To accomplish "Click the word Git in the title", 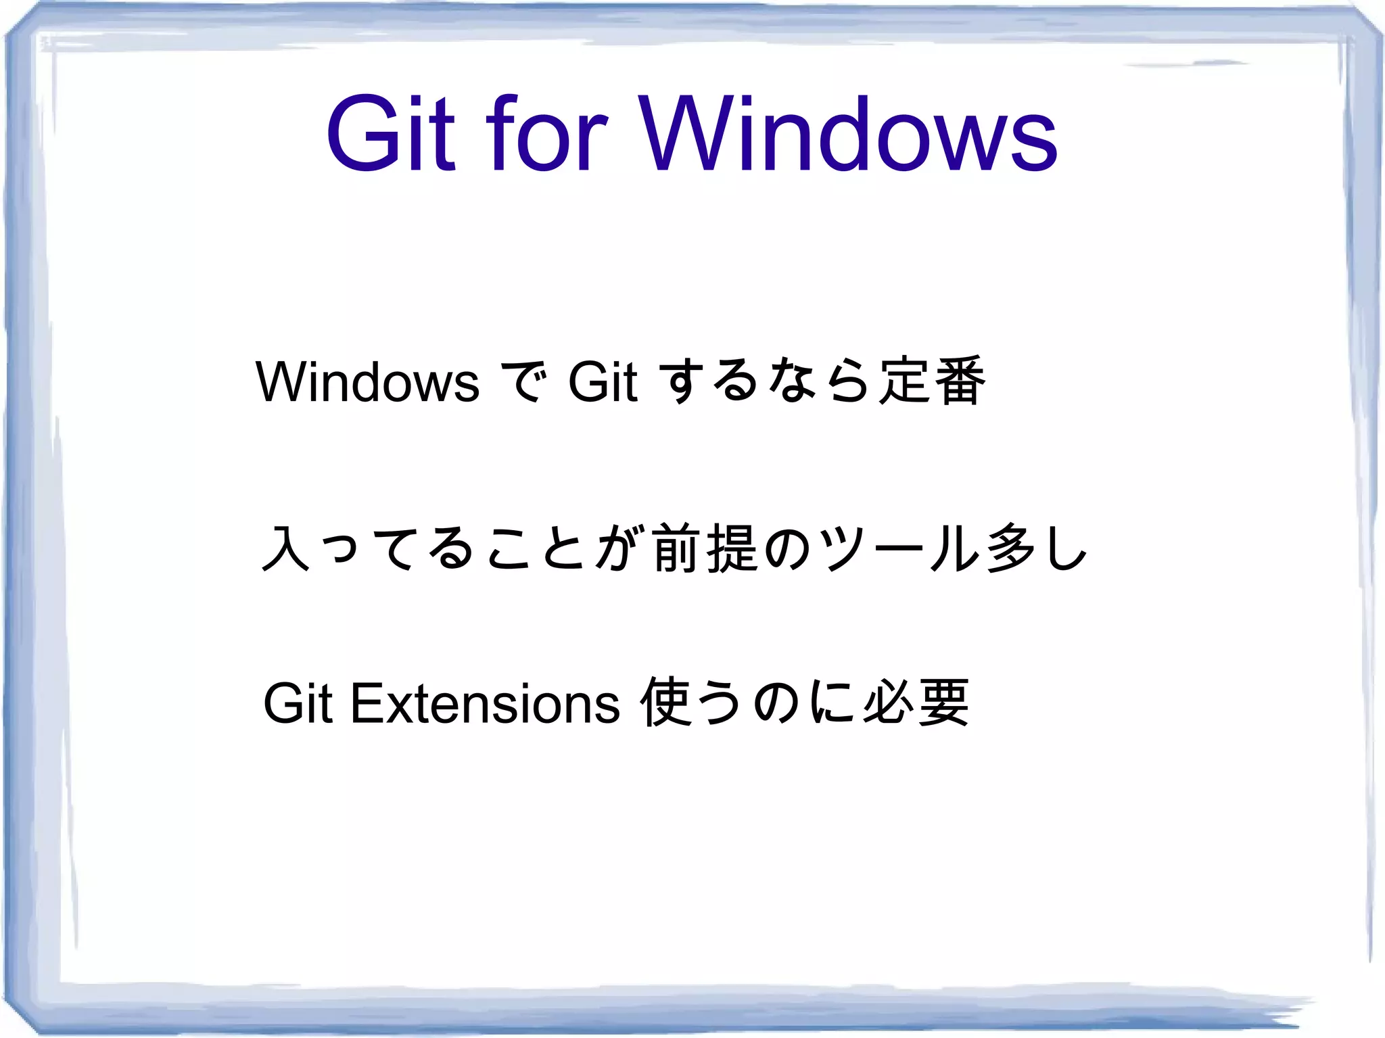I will [391, 133].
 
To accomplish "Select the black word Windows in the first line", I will [367, 382].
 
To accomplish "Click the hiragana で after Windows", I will [522, 382].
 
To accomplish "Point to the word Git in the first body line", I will [603, 382].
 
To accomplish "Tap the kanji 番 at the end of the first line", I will [960, 381].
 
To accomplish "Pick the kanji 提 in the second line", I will [732, 548].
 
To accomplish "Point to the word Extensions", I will [485, 704].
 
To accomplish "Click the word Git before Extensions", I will [298, 704].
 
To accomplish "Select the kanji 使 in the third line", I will [666, 703].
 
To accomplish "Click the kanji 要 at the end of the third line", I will [943, 703].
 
